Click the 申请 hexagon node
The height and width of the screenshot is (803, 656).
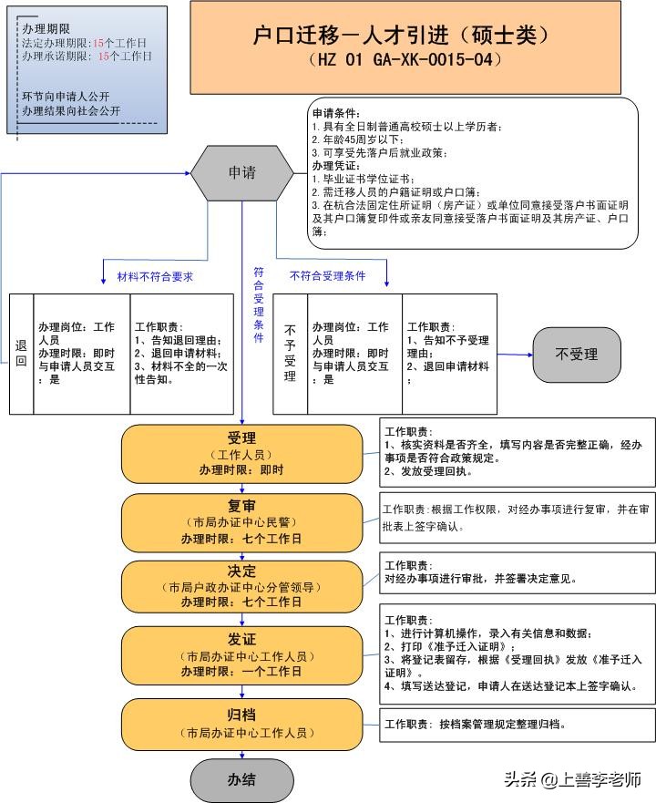(x=241, y=172)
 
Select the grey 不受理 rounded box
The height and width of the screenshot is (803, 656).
(x=576, y=355)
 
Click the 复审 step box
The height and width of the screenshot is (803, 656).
(x=241, y=522)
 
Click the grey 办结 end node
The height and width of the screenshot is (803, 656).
(x=241, y=779)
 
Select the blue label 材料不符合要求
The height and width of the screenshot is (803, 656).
(x=155, y=276)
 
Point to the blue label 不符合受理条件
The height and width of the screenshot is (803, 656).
(x=327, y=275)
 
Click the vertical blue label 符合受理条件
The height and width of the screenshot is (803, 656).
(x=259, y=304)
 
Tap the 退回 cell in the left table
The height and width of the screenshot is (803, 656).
(x=21, y=354)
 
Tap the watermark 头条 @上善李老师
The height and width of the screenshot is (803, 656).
(x=573, y=779)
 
